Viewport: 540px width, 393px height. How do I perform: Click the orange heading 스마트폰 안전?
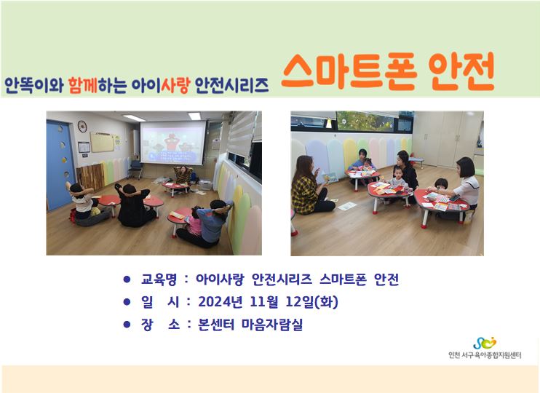click(387, 71)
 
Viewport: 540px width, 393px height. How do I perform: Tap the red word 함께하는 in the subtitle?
click(97, 85)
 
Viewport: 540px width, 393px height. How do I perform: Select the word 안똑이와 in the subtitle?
click(34, 85)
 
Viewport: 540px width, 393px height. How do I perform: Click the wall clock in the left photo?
click(82, 127)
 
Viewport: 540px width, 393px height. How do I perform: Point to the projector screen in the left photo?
click(173, 143)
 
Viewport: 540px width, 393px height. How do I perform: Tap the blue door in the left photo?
click(60, 164)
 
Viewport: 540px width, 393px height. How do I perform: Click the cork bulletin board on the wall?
click(102, 142)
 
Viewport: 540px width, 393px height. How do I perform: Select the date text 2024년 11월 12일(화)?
click(268, 302)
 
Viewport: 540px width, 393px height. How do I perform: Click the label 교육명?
click(159, 279)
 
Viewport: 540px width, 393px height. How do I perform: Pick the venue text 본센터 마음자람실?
click(250, 325)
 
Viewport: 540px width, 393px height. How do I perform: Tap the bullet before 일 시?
click(127, 302)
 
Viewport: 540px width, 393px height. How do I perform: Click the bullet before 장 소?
click(127, 325)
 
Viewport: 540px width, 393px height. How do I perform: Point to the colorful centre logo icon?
click(485, 343)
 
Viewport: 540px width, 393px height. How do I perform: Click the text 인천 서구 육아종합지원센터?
click(485, 355)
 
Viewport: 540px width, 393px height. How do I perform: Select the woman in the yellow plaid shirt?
click(309, 186)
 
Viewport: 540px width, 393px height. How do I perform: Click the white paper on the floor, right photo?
click(347, 206)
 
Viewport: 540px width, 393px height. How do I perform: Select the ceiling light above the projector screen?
click(194, 116)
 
